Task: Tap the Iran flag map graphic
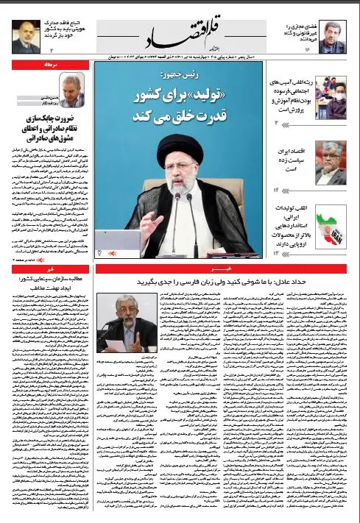tap(329, 225)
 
